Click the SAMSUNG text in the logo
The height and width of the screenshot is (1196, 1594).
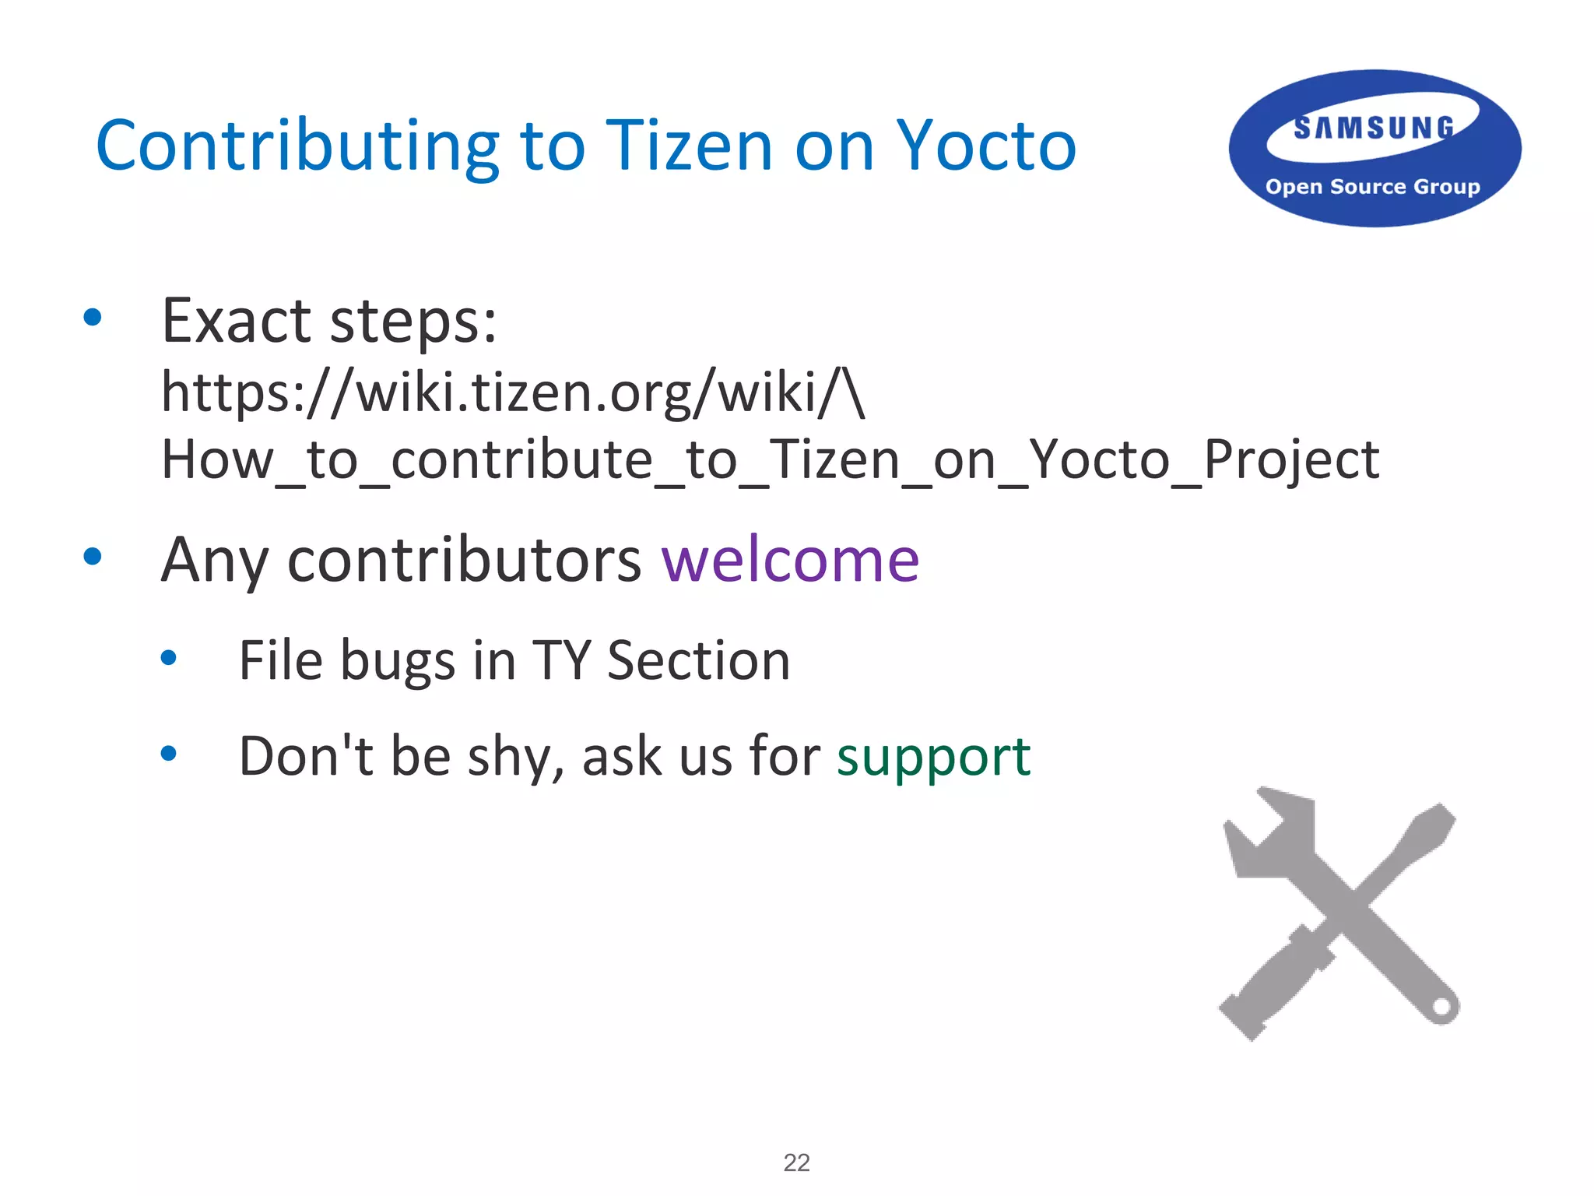tap(1374, 128)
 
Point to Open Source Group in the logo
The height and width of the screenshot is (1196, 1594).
tap(1372, 187)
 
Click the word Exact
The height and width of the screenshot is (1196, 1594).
tap(237, 321)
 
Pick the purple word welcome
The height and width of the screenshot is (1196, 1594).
tap(790, 561)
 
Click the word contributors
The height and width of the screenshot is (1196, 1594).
tap(464, 561)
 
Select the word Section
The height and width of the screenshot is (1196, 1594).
tap(698, 661)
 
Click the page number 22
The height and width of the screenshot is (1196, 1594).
tap(796, 1163)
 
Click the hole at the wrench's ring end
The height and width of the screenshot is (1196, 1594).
tap(1441, 1008)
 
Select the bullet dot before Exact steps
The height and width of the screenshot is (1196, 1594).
tap(93, 317)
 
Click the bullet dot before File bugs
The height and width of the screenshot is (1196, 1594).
tap(168, 658)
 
